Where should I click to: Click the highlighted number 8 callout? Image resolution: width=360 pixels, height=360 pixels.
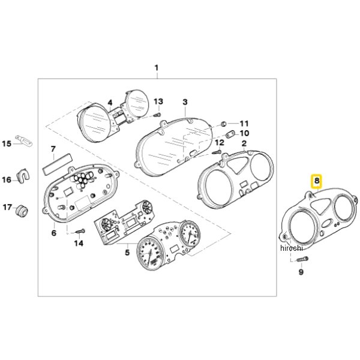(x=317, y=181)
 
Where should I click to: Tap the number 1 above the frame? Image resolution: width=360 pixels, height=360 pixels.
(x=157, y=68)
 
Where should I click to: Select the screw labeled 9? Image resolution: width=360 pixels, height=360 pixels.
(x=302, y=259)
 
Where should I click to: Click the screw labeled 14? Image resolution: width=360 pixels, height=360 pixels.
(x=80, y=232)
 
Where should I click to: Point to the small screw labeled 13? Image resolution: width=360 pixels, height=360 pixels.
(x=157, y=114)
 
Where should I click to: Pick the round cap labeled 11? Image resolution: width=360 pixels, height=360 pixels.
(x=223, y=124)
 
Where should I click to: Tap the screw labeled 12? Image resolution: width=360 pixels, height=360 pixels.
(x=217, y=152)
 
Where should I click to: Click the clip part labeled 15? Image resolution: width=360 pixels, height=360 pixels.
(x=23, y=140)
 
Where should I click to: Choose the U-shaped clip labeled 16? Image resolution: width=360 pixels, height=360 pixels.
(x=23, y=176)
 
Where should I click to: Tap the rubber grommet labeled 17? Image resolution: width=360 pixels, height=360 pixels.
(x=22, y=209)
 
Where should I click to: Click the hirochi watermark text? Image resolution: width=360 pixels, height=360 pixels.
(x=292, y=248)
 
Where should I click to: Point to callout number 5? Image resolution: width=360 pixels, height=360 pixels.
(x=127, y=253)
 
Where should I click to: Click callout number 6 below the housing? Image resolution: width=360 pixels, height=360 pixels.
(x=54, y=233)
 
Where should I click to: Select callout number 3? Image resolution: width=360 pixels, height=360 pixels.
(x=185, y=102)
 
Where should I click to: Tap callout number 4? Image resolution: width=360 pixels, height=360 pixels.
(x=110, y=103)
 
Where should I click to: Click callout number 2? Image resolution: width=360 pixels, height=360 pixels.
(x=244, y=143)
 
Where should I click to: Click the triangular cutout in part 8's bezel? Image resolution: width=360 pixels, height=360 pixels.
(x=319, y=206)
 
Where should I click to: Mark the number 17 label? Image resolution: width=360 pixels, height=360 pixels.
(x=7, y=208)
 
